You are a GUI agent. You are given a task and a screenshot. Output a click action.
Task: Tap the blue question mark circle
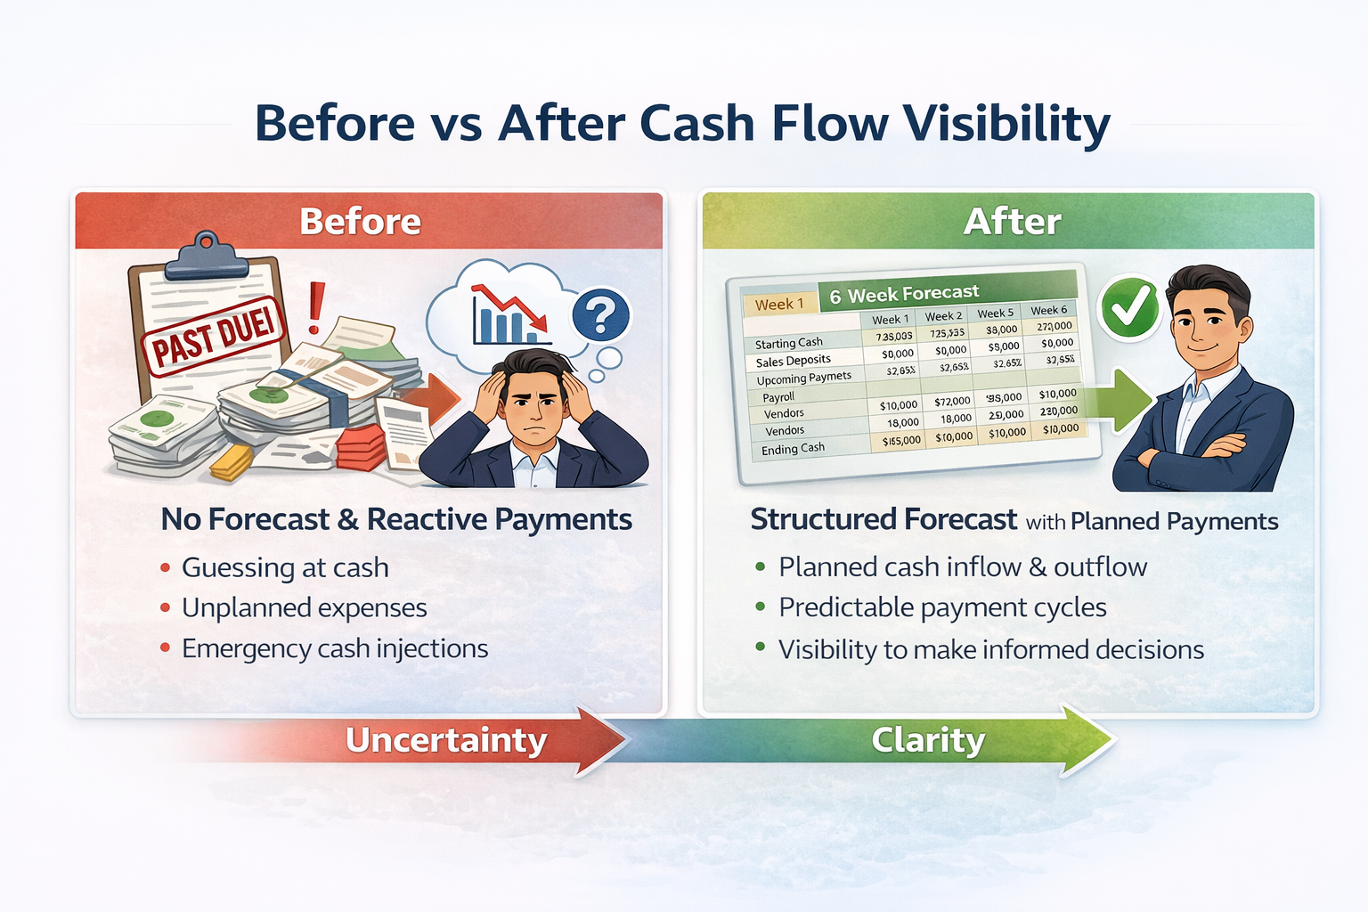pos(600,315)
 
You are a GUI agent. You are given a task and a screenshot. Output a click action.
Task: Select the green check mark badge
pos(1129,308)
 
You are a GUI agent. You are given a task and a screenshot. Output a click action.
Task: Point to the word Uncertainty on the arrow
pos(446,741)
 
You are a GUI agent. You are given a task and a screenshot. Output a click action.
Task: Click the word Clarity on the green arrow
pos(928,740)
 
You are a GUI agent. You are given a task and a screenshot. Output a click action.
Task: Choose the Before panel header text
pos(360,222)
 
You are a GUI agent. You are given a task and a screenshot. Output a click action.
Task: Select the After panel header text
pos(1012,222)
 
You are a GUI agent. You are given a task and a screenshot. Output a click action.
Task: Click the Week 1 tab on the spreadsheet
pos(779,304)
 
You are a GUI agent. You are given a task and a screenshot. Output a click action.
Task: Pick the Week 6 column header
pos(1048,310)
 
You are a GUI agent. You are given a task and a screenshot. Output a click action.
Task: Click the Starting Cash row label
pos(789,343)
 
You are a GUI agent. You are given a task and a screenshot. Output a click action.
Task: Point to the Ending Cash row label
pos(793,449)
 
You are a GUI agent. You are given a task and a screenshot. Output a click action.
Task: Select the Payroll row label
pos(778,396)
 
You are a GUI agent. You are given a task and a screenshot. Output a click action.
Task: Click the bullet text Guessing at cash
pos(285,567)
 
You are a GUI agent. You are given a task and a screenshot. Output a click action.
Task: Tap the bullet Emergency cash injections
pos(335,648)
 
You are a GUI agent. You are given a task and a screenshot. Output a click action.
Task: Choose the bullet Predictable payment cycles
pos(942,607)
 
